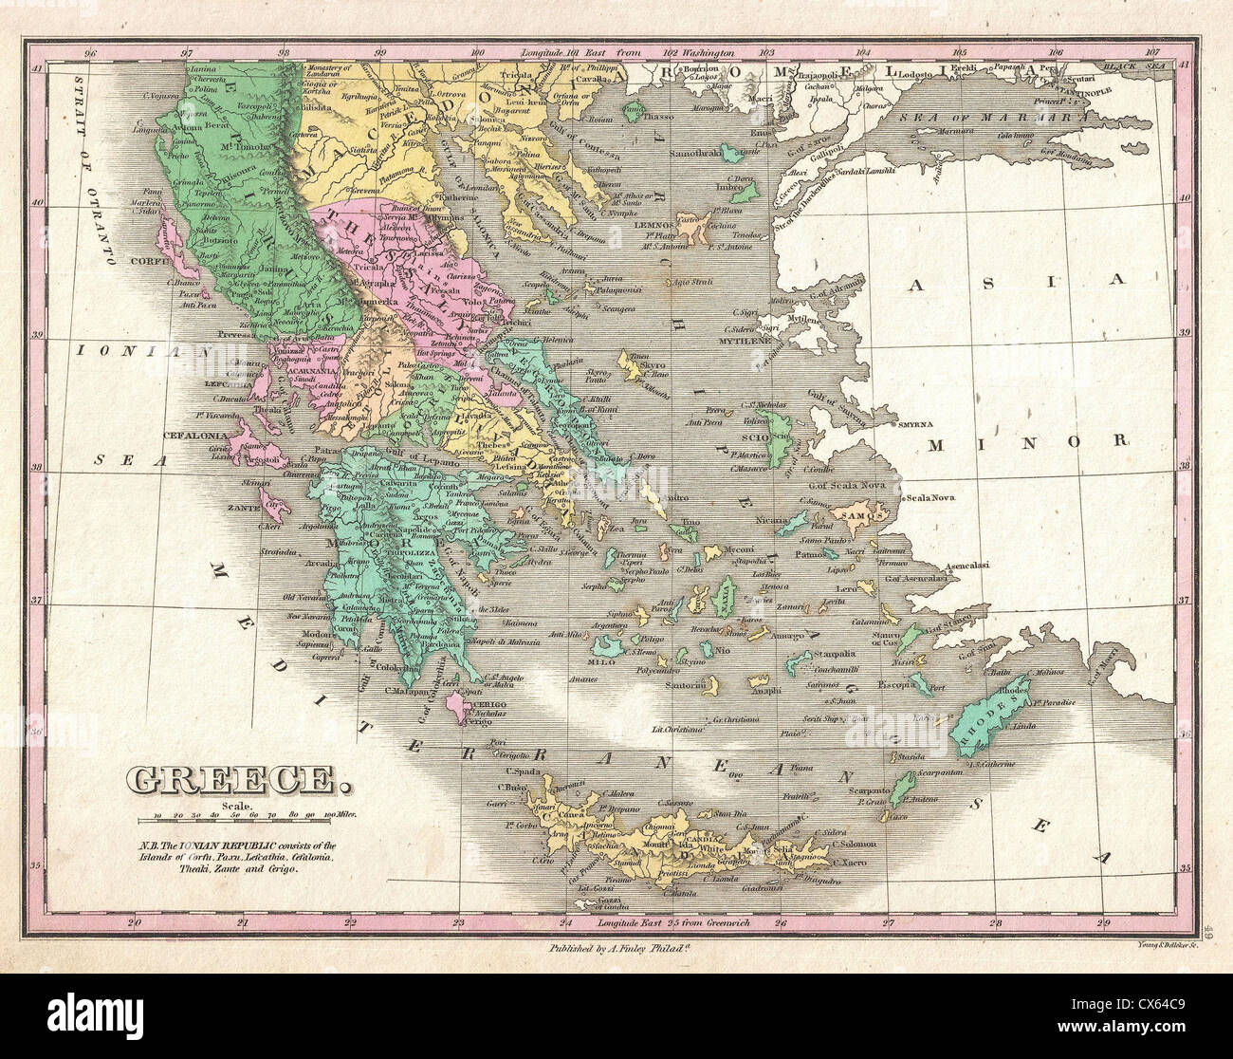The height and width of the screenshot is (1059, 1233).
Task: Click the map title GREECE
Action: pyautogui.click(x=233, y=780)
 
